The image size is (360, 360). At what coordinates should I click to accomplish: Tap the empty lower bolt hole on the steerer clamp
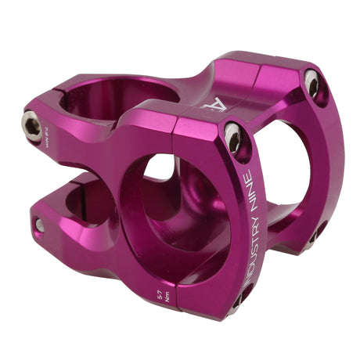[x=39, y=225]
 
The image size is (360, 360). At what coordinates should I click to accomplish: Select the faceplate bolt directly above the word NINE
[x=233, y=137]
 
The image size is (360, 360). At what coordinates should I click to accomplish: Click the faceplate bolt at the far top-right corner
[x=312, y=85]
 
